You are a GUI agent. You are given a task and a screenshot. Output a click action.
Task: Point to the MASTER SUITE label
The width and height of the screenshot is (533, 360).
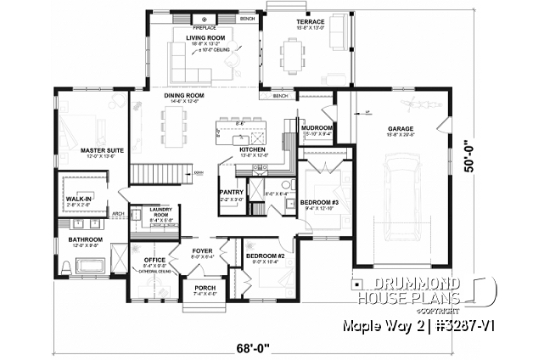tap(103, 149)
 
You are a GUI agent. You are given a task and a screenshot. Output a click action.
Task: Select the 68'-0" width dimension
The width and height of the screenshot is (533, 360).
tap(254, 346)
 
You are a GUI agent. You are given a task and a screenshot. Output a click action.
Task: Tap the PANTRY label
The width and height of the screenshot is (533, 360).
tap(232, 192)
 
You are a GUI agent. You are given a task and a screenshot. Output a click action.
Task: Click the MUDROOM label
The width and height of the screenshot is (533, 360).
tap(317, 127)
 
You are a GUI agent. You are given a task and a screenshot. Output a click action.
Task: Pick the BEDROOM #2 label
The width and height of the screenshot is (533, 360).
tap(264, 255)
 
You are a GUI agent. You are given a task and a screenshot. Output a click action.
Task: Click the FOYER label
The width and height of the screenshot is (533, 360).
tap(201, 250)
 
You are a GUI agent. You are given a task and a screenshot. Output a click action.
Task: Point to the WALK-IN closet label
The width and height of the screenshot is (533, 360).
tap(78, 199)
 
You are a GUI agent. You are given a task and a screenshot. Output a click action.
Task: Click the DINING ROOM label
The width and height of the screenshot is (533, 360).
tap(184, 95)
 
